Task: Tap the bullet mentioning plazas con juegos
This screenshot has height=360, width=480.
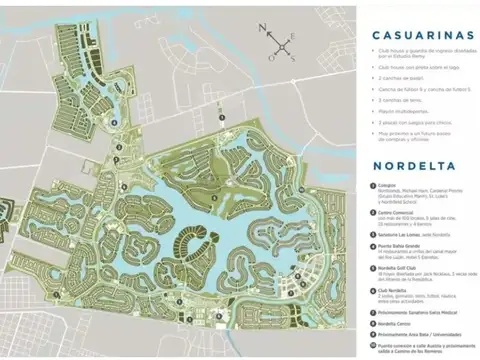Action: point(410,122)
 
